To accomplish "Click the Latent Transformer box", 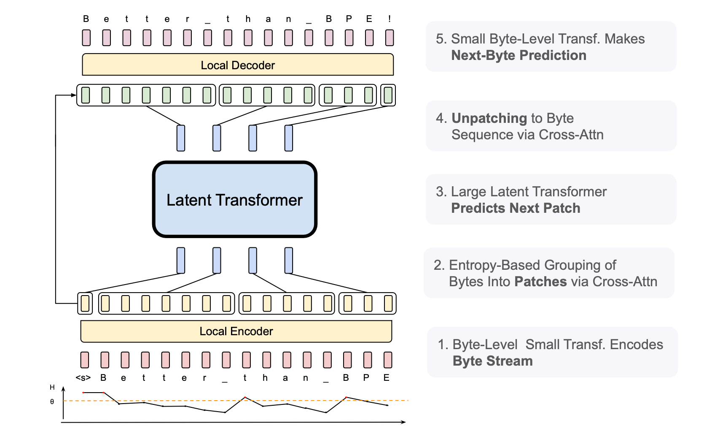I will tap(234, 200).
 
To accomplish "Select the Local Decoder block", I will tap(238, 65).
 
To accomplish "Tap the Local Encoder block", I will tap(236, 331).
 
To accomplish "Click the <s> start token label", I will tap(83, 378).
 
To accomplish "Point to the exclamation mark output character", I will tap(390, 19).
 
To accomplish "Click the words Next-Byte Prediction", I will tap(519, 55).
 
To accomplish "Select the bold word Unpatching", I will tap(489, 118).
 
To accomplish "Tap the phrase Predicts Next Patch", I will tap(516, 208).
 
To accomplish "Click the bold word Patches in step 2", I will tap(540, 282).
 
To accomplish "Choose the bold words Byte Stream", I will tap(492, 361).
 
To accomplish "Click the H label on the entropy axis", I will tap(52, 388).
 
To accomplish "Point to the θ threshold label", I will tap(52, 401).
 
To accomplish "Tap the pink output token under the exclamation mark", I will tap(390, 38).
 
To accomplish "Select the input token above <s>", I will tap(85, 360).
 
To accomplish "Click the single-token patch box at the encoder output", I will tap(85, 304).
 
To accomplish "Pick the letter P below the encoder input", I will tap(366, 378).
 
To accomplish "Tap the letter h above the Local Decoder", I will tap(248, 19).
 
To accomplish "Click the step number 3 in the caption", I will tap(441, 192).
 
